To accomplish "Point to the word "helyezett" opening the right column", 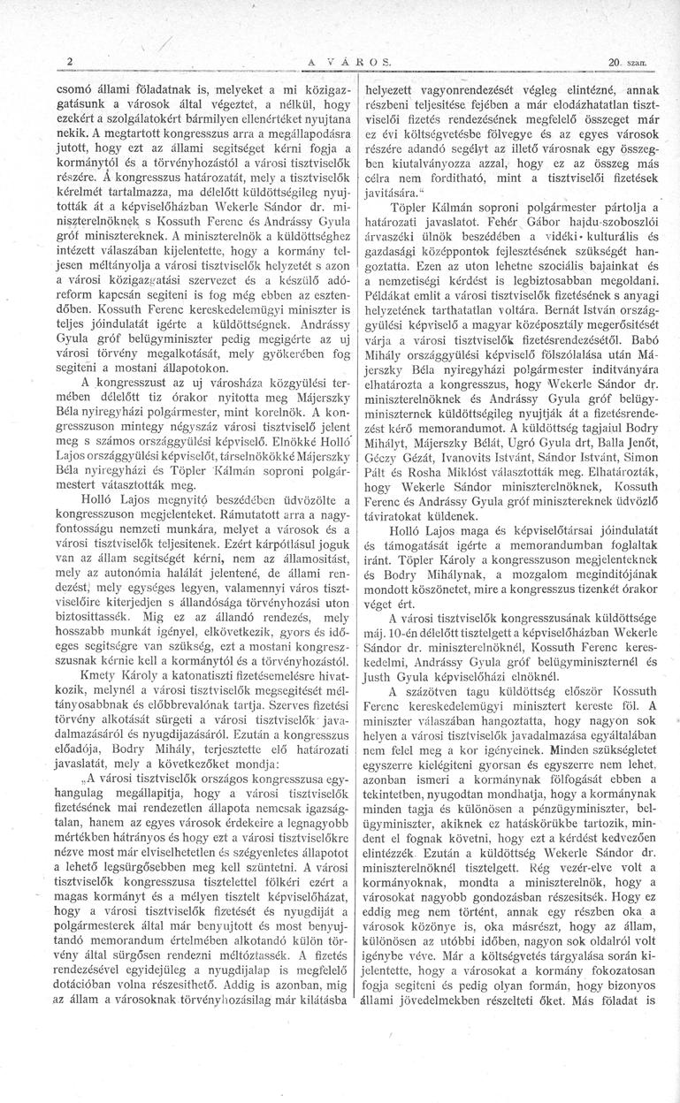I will pos(389,87).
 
